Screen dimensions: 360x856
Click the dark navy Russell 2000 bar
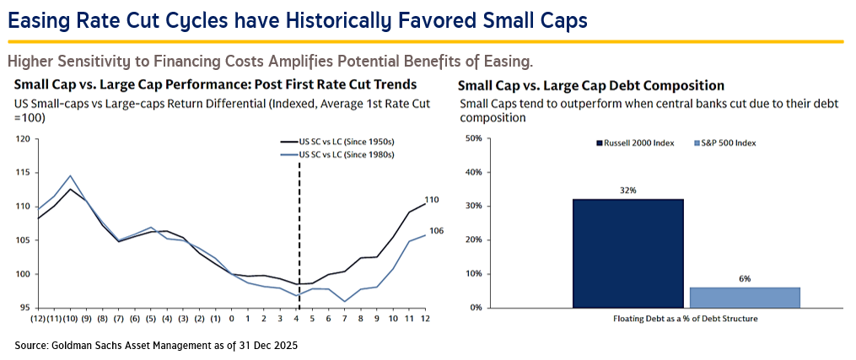point(628,253)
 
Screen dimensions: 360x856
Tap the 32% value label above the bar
point(627,191)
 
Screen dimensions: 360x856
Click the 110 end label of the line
point(432,200)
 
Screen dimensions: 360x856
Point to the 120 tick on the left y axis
point(22,138)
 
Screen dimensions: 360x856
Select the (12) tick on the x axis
point(37,320)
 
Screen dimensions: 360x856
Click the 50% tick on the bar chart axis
point(474,138)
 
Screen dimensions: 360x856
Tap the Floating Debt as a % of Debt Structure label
point(686,320)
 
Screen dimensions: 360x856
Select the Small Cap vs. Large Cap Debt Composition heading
point(591,85)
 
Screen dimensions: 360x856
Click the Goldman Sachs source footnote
point(156,346)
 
